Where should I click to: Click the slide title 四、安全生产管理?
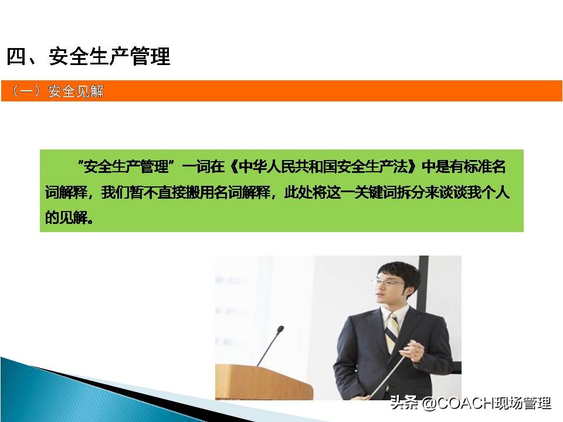click(x=88, y=57)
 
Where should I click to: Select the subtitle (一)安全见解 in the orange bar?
click(x=57, y=91)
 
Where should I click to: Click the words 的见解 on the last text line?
click(x=69, y=217)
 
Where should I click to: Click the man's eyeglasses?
click(x=388, y=283)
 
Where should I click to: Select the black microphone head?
click(x=280, y=329)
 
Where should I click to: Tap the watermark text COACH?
click(x=462, y=403)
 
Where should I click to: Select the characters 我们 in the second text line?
click(x=114, y=192)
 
